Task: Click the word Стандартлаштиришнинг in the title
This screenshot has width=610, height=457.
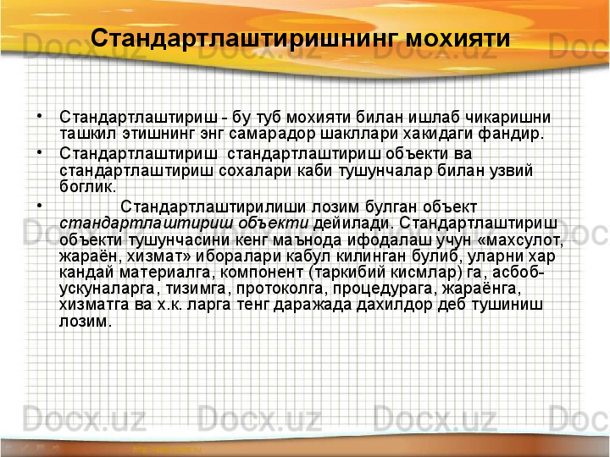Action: [x=245, y=39]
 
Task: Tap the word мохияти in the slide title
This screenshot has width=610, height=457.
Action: [x=458, y=39]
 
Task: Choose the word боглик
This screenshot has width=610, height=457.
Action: [x=88, y=185]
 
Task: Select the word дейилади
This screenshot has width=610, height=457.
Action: [x=352, y=223]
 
